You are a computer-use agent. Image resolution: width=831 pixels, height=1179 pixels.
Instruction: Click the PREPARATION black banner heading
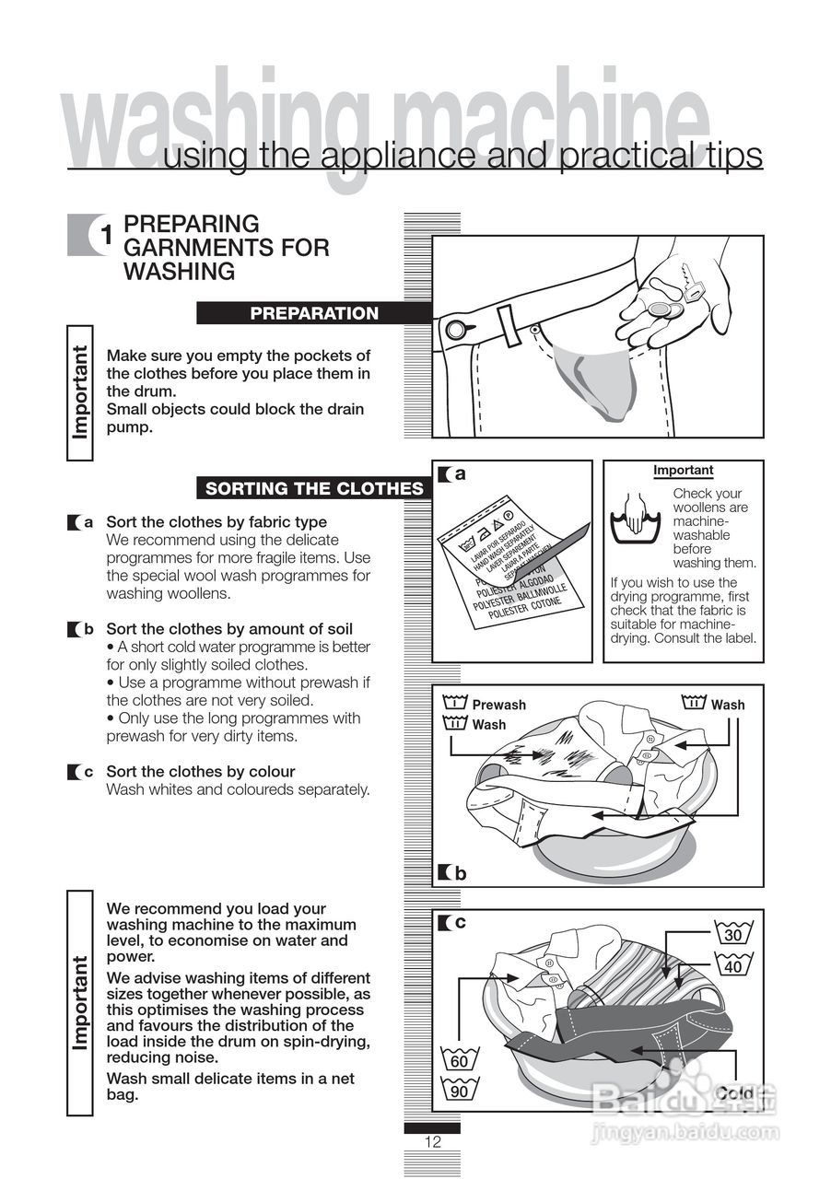point(314,313)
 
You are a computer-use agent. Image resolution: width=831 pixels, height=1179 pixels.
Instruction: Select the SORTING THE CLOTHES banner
point(314,488)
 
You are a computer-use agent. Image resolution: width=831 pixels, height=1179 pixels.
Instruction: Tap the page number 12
point(433,1142)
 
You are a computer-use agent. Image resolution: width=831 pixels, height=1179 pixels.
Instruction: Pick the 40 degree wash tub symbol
point(732,964)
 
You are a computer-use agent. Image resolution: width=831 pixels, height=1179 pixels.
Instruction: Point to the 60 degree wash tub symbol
point(459,1059)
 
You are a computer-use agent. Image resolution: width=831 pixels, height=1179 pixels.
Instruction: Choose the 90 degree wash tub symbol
point(459,1091)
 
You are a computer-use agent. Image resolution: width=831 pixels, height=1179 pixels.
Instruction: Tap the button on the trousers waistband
point(455,330)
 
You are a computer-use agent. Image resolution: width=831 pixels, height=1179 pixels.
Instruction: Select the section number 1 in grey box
point(106,236)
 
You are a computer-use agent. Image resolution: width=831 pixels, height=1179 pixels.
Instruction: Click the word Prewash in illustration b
point(498,705)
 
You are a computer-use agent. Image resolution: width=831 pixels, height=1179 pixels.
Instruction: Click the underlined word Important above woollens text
point(683,471)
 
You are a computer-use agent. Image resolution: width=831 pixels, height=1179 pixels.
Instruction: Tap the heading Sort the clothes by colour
point(200,771)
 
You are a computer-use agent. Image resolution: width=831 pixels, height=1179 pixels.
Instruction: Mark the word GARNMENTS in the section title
point(226,248)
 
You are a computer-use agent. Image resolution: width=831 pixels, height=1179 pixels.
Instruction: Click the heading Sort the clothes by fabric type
point(217,522)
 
